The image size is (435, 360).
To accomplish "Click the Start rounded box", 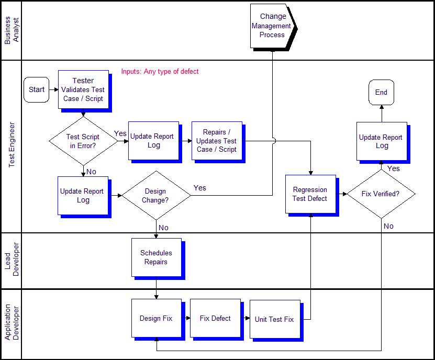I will [36, 89].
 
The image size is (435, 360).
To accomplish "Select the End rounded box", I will [381, 93].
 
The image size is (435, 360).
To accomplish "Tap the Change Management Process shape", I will [272, 26].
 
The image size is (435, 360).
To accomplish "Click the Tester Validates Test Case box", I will [83, 89].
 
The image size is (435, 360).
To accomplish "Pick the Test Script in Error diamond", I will [83, 141].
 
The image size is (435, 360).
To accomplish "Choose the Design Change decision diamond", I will [156, 196].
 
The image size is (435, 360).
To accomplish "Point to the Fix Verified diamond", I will [381, 194].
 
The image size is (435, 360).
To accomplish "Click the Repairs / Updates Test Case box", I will [216, 141].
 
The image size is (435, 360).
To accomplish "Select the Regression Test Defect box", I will [310, 194].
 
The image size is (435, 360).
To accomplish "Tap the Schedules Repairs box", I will [156, 257].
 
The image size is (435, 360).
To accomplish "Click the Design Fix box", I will [156, 318].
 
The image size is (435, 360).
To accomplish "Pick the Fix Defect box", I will [215, 318].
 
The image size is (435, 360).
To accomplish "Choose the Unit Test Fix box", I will [274, 319].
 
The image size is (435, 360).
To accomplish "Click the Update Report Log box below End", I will [381, 141].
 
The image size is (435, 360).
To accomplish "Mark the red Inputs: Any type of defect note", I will [160, 72].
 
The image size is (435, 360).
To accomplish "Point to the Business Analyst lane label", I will [11, 30].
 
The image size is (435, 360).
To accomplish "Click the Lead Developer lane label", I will [11, 260].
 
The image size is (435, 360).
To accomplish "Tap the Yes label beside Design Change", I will [200, 188].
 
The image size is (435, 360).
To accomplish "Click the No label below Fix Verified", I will [388, 226].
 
